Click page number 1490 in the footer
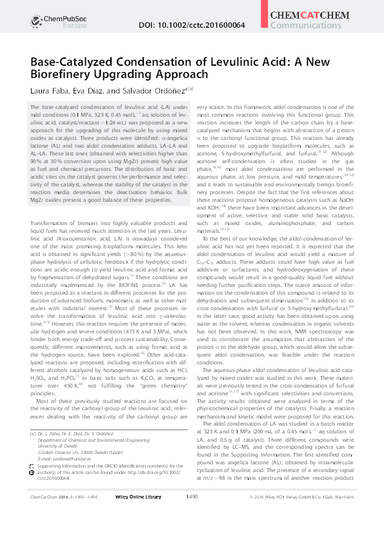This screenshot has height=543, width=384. pyautogui.click(x=191, y=533)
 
